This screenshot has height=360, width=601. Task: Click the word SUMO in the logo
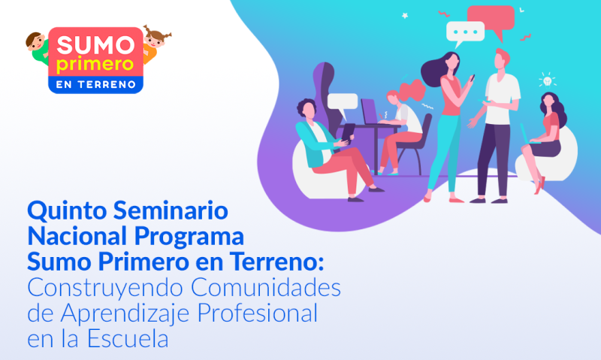pos(96,45)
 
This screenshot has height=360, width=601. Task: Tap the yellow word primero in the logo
pos(95,65)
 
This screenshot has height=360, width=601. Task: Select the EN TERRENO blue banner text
pos(96,85)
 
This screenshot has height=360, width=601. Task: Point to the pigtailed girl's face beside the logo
pos(156,38)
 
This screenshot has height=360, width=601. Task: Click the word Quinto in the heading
pos(65,211)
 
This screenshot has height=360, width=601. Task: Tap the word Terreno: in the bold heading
pos(276,262)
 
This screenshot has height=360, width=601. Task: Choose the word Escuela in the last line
pos(128,338)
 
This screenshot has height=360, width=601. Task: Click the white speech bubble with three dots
pos(465,32)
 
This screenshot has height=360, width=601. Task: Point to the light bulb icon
pos(548,81)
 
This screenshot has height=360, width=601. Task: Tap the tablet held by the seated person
pos(348,132)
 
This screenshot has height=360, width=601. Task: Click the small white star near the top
pos(405,16)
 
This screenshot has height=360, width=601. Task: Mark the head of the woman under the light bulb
pos(549,101)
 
